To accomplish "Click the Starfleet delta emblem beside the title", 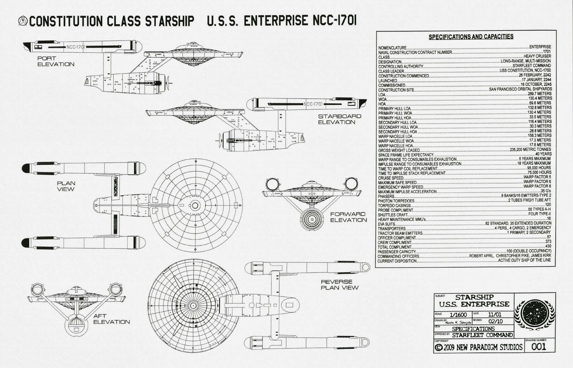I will click(23, 21).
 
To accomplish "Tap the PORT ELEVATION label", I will click(56, 61).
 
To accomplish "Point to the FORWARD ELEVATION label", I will click(348, 217).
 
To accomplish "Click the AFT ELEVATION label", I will click(111, 319).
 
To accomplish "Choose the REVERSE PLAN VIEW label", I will click(339, 285).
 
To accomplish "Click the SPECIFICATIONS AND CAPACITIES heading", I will click(471, 37).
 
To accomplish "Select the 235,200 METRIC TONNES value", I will click(530, 150).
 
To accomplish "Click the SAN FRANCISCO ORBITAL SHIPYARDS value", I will click(520, 89).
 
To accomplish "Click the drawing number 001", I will click(538, 347).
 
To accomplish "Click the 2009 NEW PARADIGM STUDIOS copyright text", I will click(478, 347).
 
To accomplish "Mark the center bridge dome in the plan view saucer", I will click(195, 205).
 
